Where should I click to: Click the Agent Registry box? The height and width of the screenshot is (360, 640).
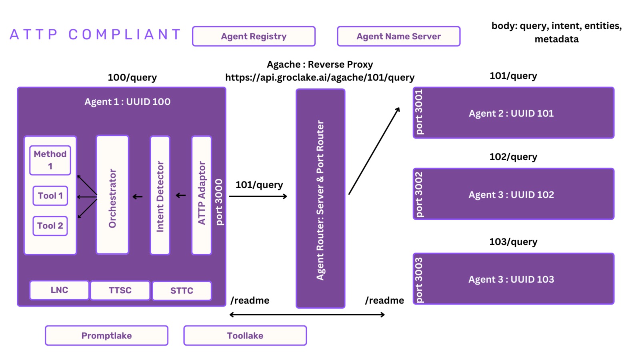pyautogui.click(x=254, y=36)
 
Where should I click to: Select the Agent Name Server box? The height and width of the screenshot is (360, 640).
pyautogui.click(x=398, y=36)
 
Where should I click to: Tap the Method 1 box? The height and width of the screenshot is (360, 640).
pyautogui.click(x=50, y=160)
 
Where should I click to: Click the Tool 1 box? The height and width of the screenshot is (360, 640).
pyautogui.click(x=50, y=196)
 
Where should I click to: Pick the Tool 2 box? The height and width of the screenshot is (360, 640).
pyautogui.click(x=50, y=226)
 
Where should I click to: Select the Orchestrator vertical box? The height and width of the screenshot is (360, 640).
pyautogui.click(x=112, y=195)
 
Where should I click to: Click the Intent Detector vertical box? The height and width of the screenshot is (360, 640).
pyautogui.click(x=160, y=195)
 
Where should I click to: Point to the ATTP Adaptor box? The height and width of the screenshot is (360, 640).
pyautogui.click(x=202, y=195)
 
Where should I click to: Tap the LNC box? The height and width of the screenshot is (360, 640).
pyautogui.click(x=59, y=290)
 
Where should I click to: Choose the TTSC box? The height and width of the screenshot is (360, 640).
pyautogui.click(x=120, y=290)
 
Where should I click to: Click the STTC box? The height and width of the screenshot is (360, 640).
pyautogui.click(x=182, y=291)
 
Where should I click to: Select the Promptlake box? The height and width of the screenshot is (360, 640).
pyautogui.click(x=106, y=336)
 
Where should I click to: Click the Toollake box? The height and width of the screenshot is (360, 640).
pyautogui.click(x=245, y=336)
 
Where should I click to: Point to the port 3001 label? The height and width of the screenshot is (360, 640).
pyautogui.click(x=419, y=112)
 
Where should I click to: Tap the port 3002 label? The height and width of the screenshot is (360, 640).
pyautogui.click(x=419, y=194)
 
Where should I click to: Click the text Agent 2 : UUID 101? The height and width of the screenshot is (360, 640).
pyautogui.click(x=511, y=113)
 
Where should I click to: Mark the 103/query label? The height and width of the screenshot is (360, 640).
pyautogui.click(x=513, y=242)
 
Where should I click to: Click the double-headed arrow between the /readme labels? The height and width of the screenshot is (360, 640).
pyautogui.click(x=307, y=315)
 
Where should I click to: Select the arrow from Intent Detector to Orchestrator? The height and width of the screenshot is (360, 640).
pyautogui.click(x=138, y=196)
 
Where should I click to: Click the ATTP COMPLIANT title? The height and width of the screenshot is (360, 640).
pyautogui.click(x=95, y=34)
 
